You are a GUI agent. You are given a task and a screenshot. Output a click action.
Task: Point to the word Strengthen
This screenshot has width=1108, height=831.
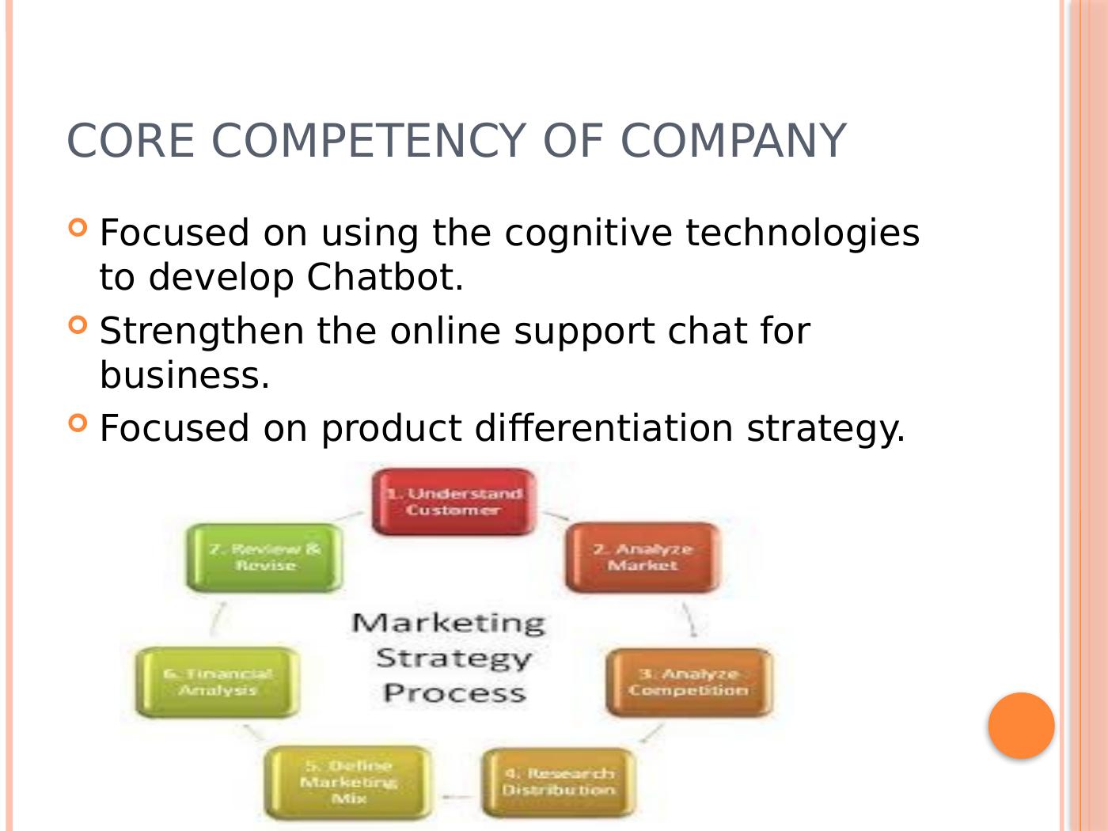(201, 331)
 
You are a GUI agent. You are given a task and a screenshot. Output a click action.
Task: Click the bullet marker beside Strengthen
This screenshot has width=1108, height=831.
(78, 325)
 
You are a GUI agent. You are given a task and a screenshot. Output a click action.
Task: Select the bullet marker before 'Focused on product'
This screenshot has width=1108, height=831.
(78, 423)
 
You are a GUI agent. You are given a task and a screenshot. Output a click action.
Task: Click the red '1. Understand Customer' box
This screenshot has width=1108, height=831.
(453, 502)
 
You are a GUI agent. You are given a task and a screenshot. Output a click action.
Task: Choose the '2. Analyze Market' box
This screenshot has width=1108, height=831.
(643, 557)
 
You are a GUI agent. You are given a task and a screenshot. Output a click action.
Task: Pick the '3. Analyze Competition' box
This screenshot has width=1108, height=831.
(689, 682)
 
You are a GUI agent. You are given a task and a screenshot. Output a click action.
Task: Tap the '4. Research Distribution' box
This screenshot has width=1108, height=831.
(558, 782)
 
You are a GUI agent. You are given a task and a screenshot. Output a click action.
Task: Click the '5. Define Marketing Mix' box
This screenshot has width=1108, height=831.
(349, 782)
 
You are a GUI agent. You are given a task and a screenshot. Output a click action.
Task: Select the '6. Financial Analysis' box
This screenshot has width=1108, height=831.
(218, 682)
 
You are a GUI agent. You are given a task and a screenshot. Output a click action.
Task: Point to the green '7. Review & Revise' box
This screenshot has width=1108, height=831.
(265, 557)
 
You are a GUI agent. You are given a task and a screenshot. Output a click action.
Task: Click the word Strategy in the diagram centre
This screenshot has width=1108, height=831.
(453, 658)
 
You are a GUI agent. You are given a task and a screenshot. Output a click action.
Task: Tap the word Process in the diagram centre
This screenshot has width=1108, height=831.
(454, 693)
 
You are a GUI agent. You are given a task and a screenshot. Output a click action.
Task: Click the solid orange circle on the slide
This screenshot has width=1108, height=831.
(1021, 726)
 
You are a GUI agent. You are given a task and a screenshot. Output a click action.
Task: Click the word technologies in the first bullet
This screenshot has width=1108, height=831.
(803, 233)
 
